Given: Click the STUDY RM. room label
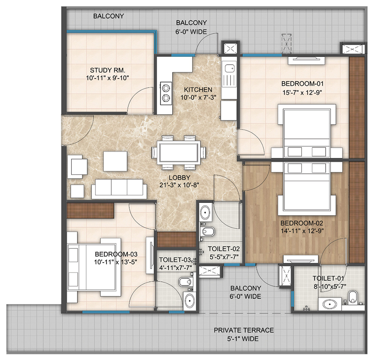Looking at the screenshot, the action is pos(108,70).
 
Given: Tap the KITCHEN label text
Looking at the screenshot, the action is pos(198,90).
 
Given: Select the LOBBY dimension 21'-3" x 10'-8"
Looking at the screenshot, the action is pos(179,185).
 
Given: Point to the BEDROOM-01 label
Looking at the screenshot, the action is pos(302,84).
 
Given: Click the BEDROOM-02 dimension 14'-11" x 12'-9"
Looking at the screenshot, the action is pos(302,231).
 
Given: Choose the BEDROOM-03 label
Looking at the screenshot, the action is pos(116,254).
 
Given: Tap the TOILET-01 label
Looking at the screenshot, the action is pos(328,278).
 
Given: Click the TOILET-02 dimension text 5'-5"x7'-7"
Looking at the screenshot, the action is pos(224,257).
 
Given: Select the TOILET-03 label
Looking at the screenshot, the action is pos(175,260).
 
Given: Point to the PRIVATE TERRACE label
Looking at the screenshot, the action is pos(244,330).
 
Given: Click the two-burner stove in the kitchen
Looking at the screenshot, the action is pos(166,93).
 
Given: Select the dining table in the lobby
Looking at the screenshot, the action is pos(179,152).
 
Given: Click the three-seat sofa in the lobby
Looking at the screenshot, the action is pos(119,189).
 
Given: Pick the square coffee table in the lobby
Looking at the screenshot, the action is pos(115,161).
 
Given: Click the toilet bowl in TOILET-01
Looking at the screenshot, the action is pos(353,297).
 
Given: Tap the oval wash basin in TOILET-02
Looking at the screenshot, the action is pos(205,212).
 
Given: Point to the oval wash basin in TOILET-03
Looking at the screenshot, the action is pos(190,300).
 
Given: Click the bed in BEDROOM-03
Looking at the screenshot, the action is pos(94,267).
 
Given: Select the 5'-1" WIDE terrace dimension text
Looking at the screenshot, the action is pos(243,339).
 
